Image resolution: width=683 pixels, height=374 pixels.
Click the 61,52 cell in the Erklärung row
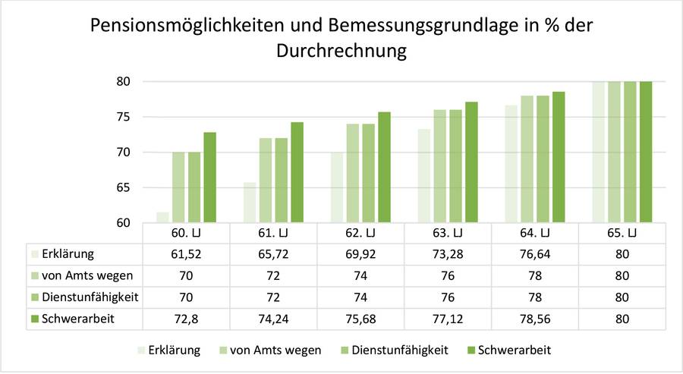187,254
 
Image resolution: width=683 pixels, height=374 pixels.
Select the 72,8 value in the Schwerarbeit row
187,319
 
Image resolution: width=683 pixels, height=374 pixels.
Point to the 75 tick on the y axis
123,117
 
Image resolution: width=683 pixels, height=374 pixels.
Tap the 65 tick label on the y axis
123,187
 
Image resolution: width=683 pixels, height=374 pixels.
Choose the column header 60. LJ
187,231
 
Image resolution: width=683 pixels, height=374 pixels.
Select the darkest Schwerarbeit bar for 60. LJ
209,178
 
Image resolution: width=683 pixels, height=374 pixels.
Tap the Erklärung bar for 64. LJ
511,164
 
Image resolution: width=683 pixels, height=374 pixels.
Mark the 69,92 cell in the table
361,254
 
